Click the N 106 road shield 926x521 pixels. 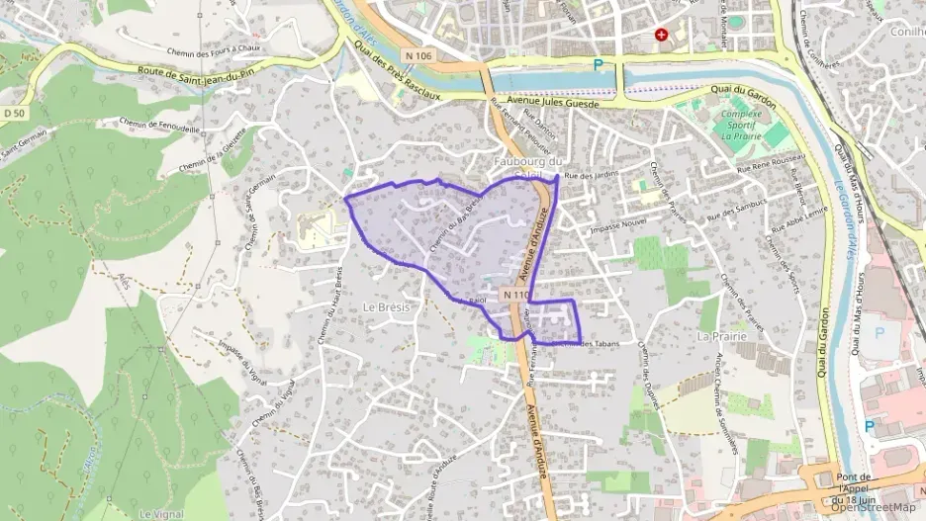(416, 55)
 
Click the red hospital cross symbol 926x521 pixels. (676, 36)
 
